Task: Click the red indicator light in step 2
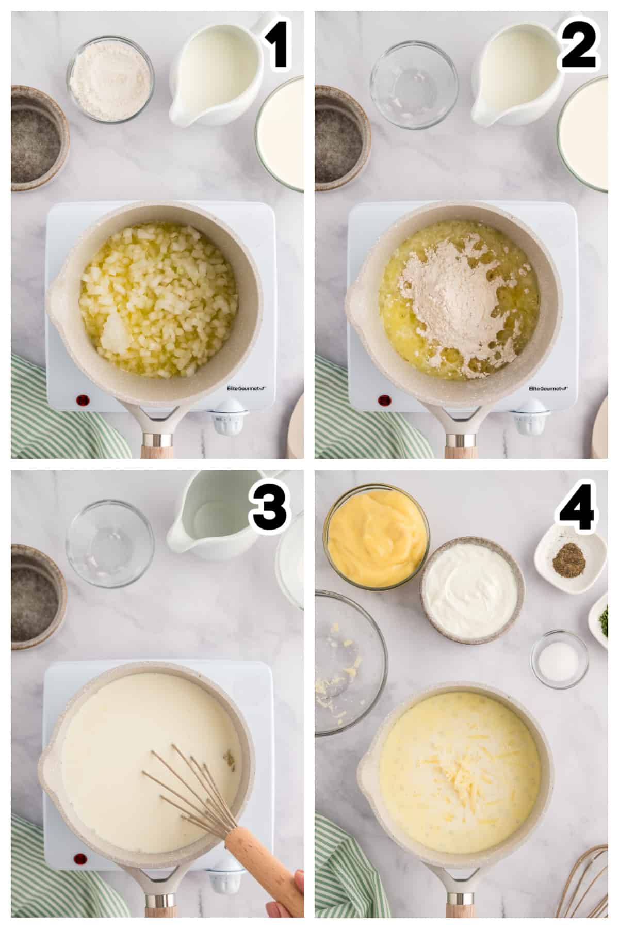point(384,399)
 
